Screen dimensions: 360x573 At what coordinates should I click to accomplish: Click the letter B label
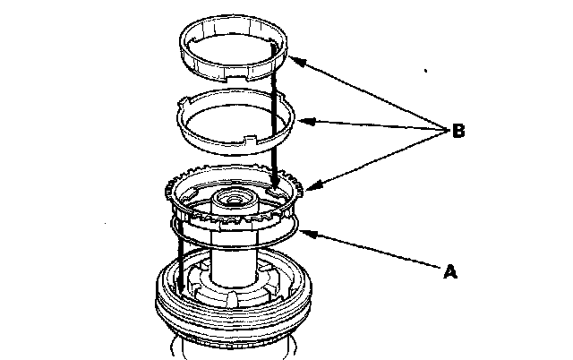(x=457, y=132)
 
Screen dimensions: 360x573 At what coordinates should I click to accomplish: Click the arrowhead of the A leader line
(x=303, y=234)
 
